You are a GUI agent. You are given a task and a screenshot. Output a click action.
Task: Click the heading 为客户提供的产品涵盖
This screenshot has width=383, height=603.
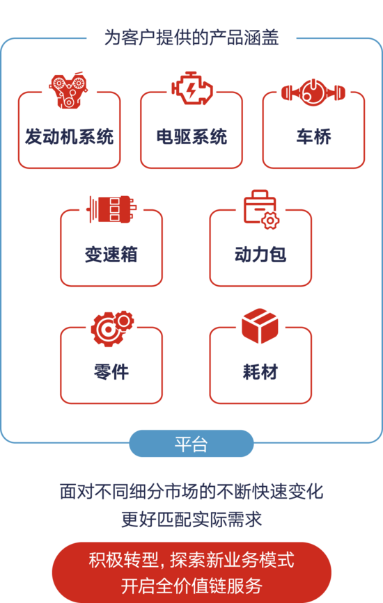(191, 38)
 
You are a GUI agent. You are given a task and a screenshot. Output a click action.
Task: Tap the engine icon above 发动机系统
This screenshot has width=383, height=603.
(68, 90)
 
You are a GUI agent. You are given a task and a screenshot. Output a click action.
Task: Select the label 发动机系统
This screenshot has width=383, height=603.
(69, 136)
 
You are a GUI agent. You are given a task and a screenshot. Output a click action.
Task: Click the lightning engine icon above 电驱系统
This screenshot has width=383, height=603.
(191, 88)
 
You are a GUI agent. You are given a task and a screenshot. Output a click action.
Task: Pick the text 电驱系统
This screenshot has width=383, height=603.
(191, 136)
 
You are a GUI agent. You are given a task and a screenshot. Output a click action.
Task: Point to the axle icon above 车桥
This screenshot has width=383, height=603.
(313, 93)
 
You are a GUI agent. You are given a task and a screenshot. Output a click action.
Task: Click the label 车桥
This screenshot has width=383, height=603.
(314, 136)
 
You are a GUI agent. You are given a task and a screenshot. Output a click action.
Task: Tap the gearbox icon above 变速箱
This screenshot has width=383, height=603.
(111, 209)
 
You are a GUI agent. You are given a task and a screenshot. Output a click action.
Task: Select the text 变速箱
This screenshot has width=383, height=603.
(111, 254)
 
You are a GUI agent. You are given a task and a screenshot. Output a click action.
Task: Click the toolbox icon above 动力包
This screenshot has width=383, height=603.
(261, 209)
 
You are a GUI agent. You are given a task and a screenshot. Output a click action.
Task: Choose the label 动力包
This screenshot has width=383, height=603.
(260, 254)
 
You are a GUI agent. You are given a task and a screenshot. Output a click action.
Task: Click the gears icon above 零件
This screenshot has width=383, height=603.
(112, 328)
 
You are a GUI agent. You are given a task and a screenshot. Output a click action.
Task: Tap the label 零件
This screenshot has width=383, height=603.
(111, 372)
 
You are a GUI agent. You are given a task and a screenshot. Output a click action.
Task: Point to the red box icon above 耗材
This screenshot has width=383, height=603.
(260, 325)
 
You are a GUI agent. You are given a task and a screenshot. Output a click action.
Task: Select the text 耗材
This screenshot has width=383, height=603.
(260, 372)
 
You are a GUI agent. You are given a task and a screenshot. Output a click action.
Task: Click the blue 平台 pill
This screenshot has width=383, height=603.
(191, 444)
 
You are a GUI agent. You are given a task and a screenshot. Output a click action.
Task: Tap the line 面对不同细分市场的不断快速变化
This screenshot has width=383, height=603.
(191, 492)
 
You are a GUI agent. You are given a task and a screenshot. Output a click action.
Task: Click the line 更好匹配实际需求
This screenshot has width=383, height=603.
(191, 519)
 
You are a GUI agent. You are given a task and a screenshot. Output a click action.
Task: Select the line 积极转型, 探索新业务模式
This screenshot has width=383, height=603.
(191, 560)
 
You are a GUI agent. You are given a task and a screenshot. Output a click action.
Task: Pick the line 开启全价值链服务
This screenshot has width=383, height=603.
(191, 586)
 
